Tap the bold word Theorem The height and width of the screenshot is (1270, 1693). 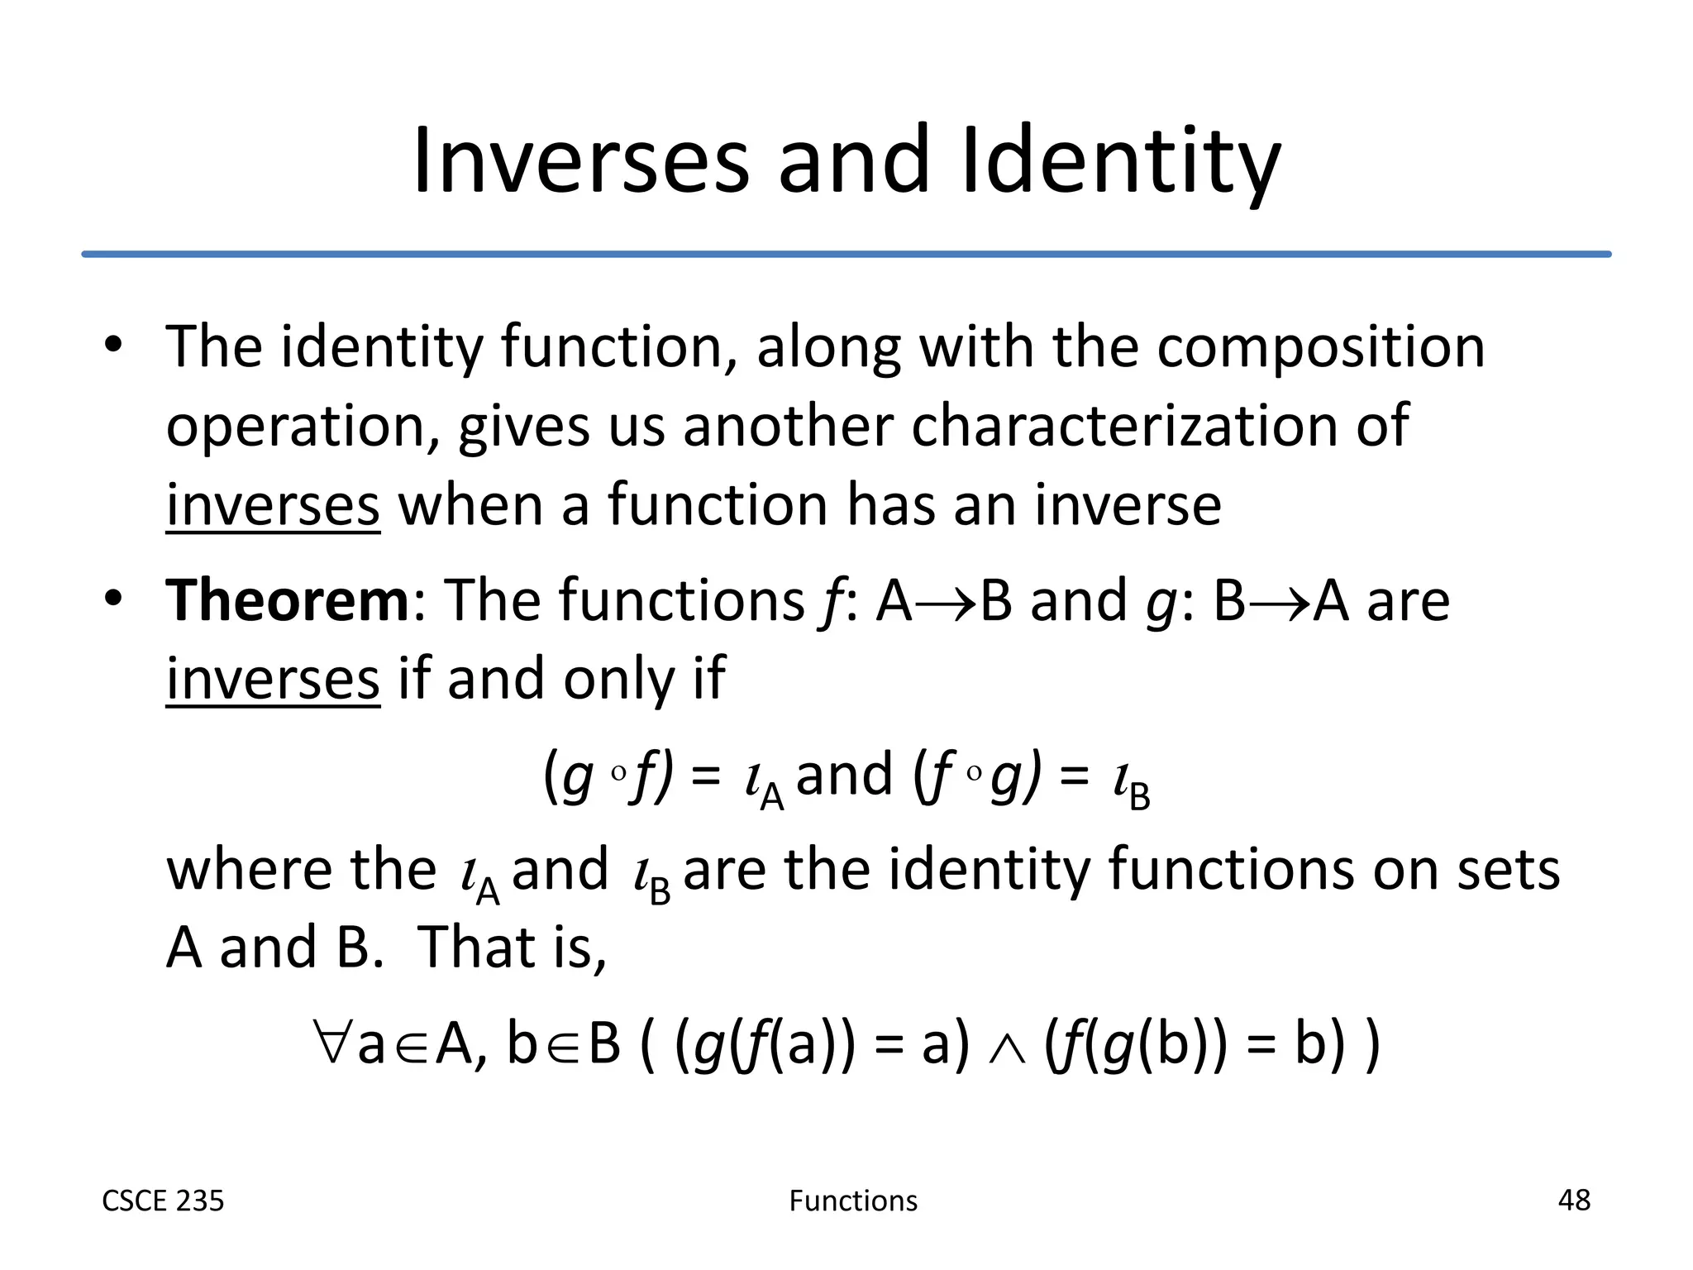(287, 599)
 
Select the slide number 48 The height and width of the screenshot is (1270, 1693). (1573, 1200)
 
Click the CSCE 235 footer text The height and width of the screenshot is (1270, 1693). (163, 1201)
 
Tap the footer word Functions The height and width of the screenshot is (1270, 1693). (853, 1201)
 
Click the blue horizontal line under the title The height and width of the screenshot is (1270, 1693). (846, 254)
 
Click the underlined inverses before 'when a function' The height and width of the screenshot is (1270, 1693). (273, 505)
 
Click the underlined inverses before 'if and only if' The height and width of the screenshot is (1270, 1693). (273, 679)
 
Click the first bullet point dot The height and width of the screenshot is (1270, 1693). (114, 345)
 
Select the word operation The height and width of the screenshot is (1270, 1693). (297, 427)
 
